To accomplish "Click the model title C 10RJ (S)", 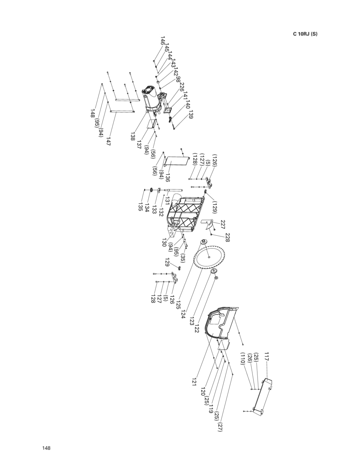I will (x=305, y=34).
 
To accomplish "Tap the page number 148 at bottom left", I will (x=47, y=448).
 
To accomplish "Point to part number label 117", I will (x=267, y=356).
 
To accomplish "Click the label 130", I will (x=164, y=243).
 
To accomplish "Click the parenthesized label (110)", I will (x=242, y=358).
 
